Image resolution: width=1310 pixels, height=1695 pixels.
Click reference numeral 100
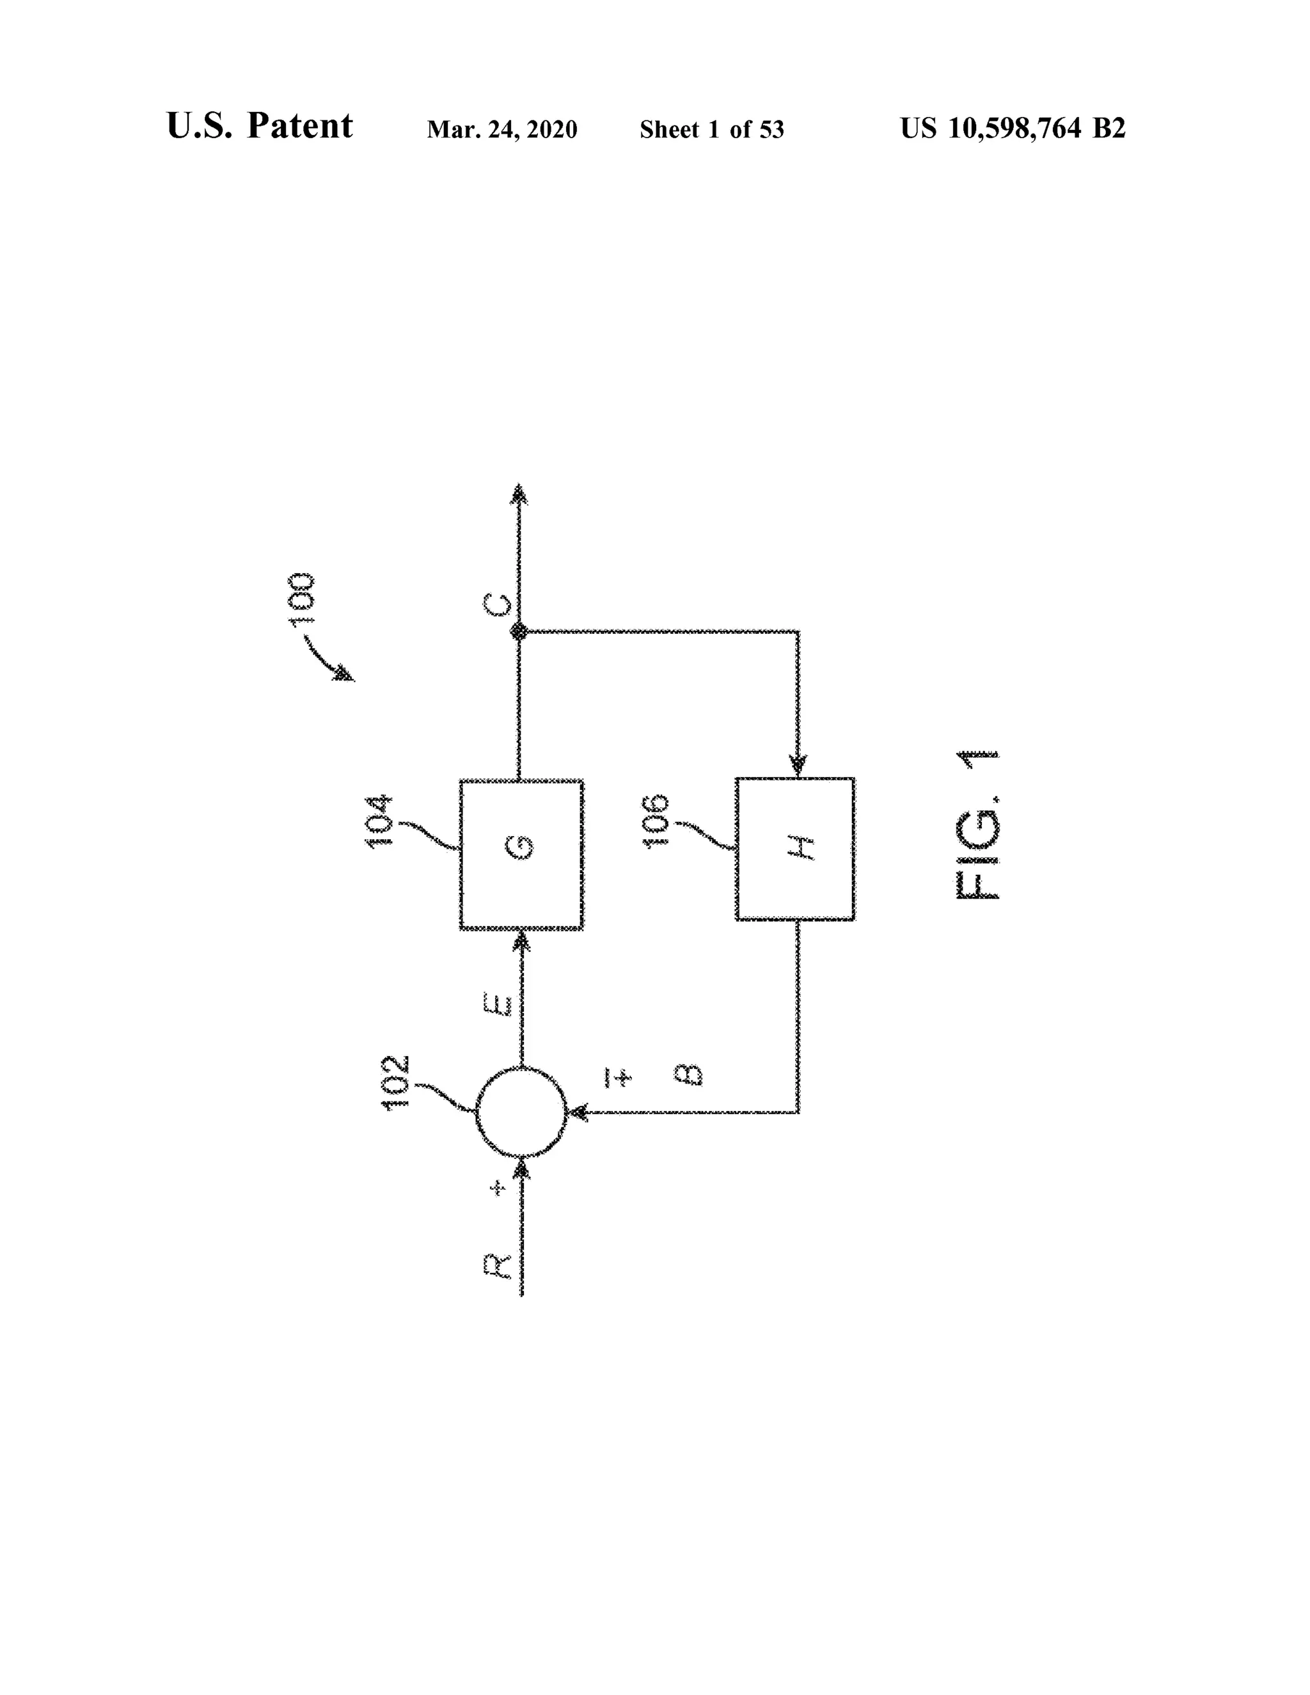point(301,599)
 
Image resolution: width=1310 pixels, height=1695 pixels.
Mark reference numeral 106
point(656,821)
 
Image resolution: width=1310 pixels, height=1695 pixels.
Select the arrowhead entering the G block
point(521,942)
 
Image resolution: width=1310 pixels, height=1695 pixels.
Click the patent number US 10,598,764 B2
point(1013,128)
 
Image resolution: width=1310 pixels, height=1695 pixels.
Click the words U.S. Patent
point(259,126)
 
